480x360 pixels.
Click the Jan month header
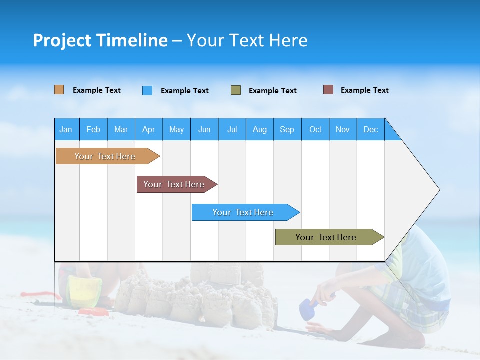pyautogui.click(x=66, y=129)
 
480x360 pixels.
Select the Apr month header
pyautogui.click(x=148, y=129)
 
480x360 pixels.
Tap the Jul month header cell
pyautogui.click(x=232, y=129)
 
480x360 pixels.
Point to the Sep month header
pyautogui.click(x=287, y=129)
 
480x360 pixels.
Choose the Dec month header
pyautogui.click(x=370, y=129)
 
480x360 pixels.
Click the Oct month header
pyautogui.click(x=315, y=129)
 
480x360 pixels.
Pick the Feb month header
pyautogui.click(x=93, y=129)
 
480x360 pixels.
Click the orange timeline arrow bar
pyautogui.click(x=105, y=156)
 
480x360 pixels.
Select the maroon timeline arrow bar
pyautogui.click(x=174, y=184)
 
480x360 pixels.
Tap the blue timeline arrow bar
pyautogui.click(x=243, y=212)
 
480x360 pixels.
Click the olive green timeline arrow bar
pyautogui.click(x=326, y=237)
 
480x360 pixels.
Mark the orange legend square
pyautogui.click(x=59, y=90)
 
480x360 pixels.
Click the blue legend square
pyautogui.click(x=147, y=90)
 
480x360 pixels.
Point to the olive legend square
pyautogui.click(x=236, y=90)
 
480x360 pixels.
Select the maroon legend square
pyautogui.click(x=328, y=90)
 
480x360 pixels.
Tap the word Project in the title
pyautogui.click(x=62, y=40)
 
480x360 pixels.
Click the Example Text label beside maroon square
pyautogui.click(x=364, y=90)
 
